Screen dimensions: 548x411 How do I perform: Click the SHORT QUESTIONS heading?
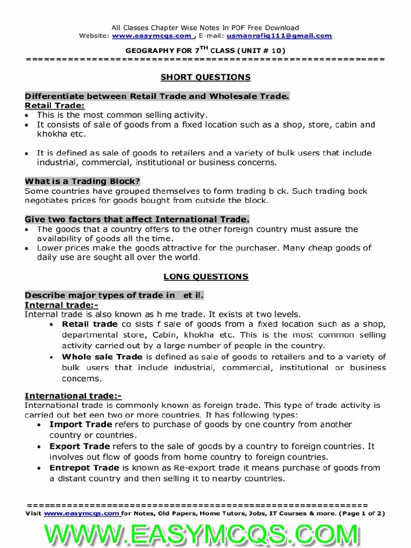click(205, 77)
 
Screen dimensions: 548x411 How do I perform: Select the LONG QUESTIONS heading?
click(205, 277)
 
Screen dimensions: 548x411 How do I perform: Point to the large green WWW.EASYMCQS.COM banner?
click(205, 533)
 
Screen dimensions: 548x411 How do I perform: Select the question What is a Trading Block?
click(82, 181)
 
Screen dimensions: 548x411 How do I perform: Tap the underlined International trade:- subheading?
click(73, 395)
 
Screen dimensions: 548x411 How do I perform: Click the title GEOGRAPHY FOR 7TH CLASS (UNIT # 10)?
click(205, 50)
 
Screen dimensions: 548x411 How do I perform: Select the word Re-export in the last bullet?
click(191, 468)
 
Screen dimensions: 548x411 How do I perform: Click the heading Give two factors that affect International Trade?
click(137, 219)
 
